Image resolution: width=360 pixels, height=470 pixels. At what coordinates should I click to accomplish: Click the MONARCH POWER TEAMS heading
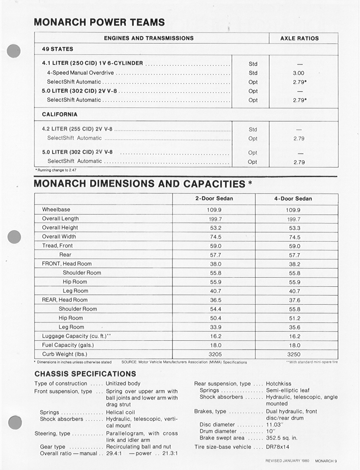99,22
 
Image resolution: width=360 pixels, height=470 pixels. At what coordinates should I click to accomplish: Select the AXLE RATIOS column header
299,38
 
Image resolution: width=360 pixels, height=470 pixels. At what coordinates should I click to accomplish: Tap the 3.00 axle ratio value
299,73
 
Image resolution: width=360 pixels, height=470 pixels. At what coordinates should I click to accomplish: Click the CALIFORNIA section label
60,114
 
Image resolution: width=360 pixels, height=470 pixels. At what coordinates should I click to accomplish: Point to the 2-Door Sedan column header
214,198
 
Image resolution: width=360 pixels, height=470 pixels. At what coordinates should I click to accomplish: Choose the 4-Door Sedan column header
293,198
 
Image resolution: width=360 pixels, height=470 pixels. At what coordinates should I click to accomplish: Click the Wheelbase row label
56,209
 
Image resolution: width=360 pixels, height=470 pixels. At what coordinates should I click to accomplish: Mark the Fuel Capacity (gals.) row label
68,345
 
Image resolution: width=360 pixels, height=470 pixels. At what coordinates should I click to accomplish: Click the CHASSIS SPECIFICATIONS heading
85,374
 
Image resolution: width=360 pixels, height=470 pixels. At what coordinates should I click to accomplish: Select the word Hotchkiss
279,384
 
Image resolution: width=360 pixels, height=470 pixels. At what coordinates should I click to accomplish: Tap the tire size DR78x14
278,446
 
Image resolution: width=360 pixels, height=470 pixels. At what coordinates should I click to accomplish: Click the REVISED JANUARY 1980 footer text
287,460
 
